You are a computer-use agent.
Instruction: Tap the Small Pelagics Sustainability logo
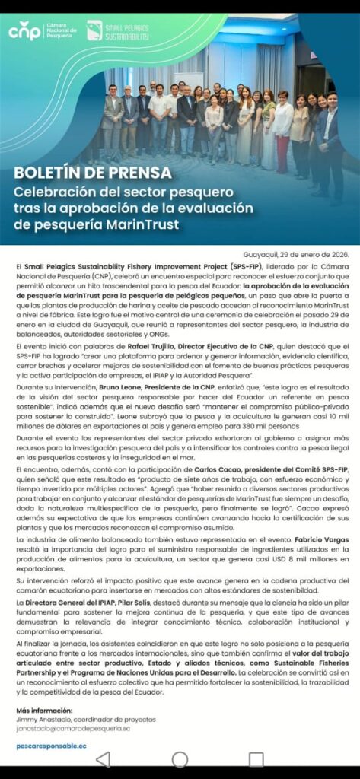point(119,31)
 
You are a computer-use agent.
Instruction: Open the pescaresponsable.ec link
point(51,746)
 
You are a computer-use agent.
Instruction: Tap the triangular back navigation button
point(103,759)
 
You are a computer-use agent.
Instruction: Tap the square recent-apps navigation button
point(256,759)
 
